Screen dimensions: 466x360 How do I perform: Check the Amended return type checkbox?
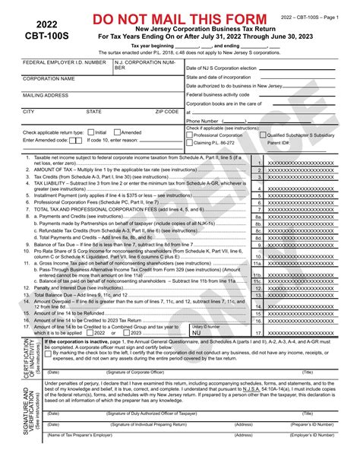tap(117, 132)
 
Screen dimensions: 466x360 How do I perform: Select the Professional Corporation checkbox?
tap(190, 134)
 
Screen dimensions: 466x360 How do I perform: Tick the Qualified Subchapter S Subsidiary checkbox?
tap(264, 134)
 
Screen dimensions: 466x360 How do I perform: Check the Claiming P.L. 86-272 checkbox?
tap(190, 142)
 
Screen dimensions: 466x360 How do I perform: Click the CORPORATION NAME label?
tap(49, 78)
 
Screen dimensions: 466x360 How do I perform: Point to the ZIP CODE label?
tap(167, 111)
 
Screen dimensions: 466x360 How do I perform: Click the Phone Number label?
tap(204, 120)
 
